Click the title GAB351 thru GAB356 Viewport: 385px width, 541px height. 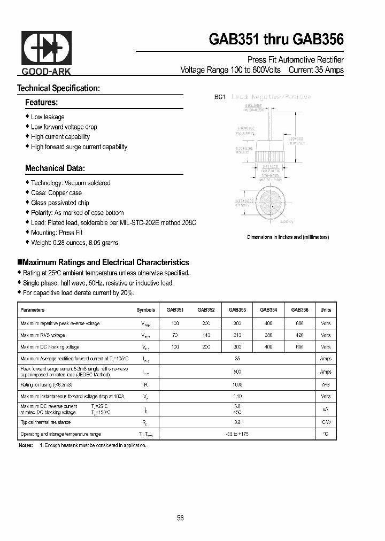pyautogui.click(x=275, y=40)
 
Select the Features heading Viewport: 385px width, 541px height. pyautogui.click(x=41, y=102)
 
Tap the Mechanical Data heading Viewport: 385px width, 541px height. pyautogui.click(x=55, y=168)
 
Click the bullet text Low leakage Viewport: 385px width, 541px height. pyautogui.click(x=48, y=117)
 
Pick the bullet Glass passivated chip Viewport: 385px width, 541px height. pyautogui.click(x=60, y=203)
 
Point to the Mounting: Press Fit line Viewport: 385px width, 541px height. pyautogui.click(x=57, y=233)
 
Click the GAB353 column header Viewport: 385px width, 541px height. pyautogui.click(x=237, y=310)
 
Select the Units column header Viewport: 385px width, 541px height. pyautogui.click(x=326, y=310)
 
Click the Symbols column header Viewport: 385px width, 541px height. pyautogui.click(x=145, y=310)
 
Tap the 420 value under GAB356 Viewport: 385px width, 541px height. pyautogui.click(x=299, y=335)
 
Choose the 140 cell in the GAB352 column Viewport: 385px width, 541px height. pyautogui.click(x=206, y=335)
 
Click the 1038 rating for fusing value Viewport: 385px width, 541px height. pyautogui.click(x=237, y=384)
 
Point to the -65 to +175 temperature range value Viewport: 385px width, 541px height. pyautogui.click(x=237, y=434)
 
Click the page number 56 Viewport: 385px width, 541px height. pyautogui.click(x=180, y=518)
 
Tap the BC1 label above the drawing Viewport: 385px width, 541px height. pyautogui.click(x=219, y=97)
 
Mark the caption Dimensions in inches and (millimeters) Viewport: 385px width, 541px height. pyautogui.click(x=288, y=237)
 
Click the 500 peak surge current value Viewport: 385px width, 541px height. pyautogui.click(x=237, y=372)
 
